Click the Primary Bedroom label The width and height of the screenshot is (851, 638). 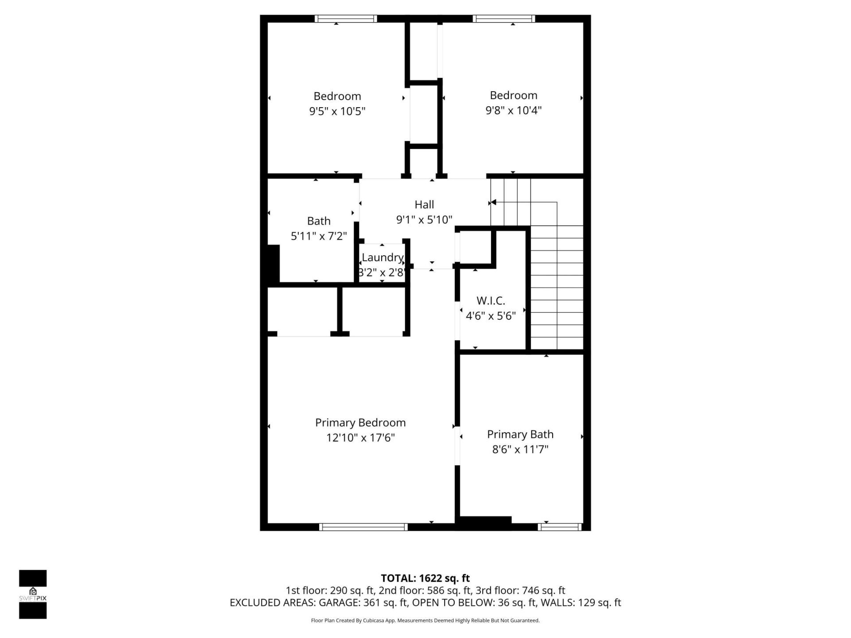click(360, 423)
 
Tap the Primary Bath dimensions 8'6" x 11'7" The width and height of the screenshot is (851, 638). click(520, 449)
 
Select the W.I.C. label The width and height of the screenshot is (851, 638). click(491, 301)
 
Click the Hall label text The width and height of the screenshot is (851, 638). click(424, 205)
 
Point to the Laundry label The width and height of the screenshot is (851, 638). click(382, 257)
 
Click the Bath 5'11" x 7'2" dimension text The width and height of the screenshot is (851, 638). click(319, 236)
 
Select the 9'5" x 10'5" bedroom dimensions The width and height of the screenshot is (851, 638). click(337, 111)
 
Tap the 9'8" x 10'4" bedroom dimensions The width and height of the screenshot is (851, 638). click(513, 110)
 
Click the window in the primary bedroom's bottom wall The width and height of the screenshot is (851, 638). click(363, 527)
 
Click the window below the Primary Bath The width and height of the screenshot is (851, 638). click(559, 527)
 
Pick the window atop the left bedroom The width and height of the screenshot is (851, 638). click(346, 19)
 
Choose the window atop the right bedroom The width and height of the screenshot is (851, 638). click(504, 19)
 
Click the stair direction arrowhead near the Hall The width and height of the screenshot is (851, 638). click(493, 202)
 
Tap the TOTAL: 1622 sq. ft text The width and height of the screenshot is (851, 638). click(425, 578)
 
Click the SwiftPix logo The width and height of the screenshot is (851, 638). click(33, 594)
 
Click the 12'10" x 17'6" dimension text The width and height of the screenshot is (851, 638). click(360, 438)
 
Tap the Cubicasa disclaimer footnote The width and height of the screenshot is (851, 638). click(425, 620)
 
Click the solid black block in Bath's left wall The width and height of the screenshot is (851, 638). click(273, 263)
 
